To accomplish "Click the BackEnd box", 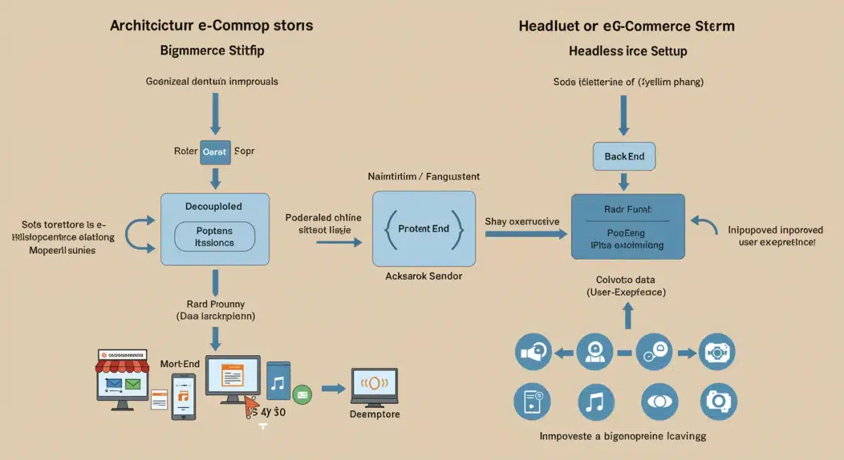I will coord(624,156).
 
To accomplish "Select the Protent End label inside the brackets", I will coord(423,229).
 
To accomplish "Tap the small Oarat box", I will coord(215,151).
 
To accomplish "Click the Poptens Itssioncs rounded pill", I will coord(215,236).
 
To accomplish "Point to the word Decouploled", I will coord(213,207).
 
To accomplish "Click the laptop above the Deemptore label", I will coord(374,386).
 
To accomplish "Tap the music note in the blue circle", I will coord(595,402).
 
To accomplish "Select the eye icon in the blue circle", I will coord(659,402).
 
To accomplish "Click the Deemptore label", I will coord(374,414).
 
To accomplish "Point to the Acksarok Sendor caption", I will coord(424,276).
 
